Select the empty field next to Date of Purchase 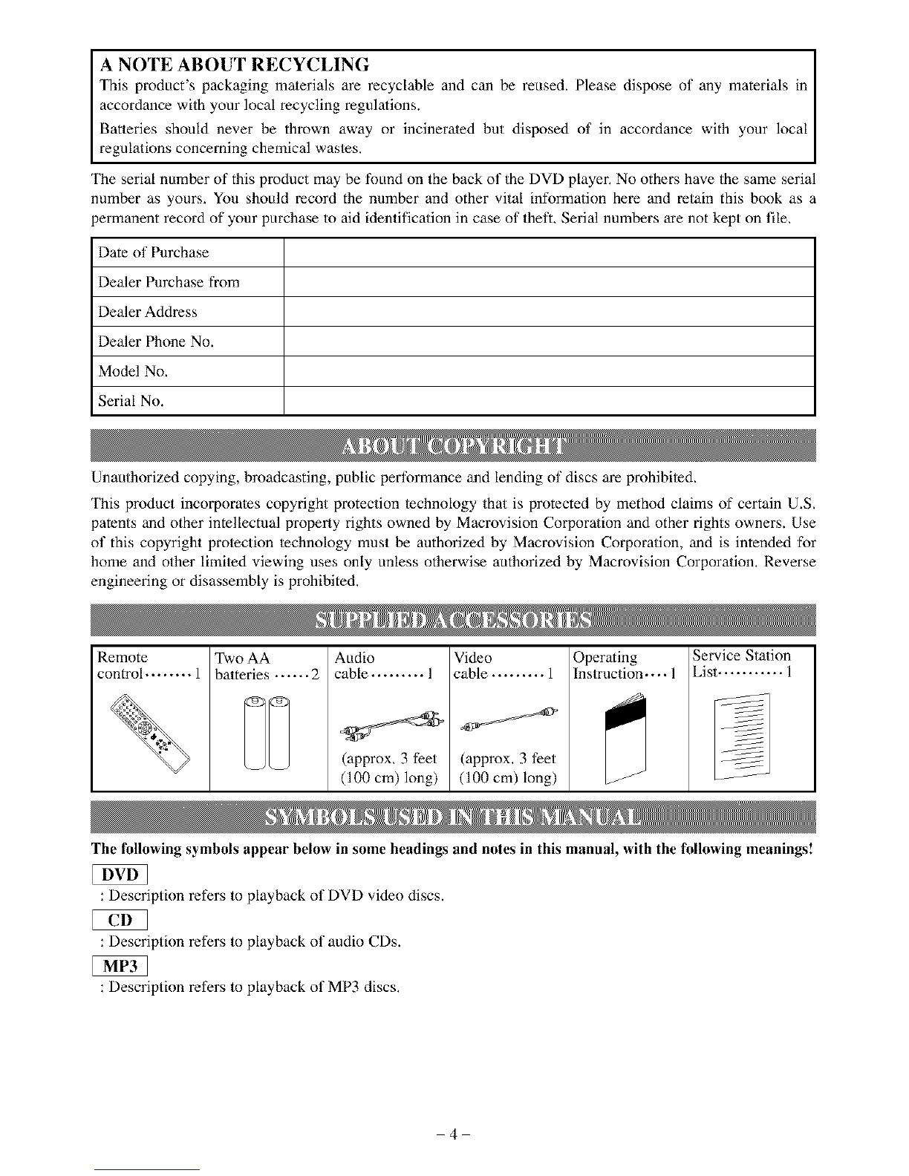(x=550, y=252)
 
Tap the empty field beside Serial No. (x=550, y=401)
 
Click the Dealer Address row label (x=148, y=312)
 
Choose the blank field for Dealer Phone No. (x=550, y=342)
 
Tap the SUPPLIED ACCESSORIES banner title (x=453, y=621)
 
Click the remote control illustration (x=150, y=729)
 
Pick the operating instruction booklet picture (x=626, y=735)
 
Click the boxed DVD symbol (x=120, y=876)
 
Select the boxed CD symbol (x=120, y=921)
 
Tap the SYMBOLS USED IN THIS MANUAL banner (x=453, y=817)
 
